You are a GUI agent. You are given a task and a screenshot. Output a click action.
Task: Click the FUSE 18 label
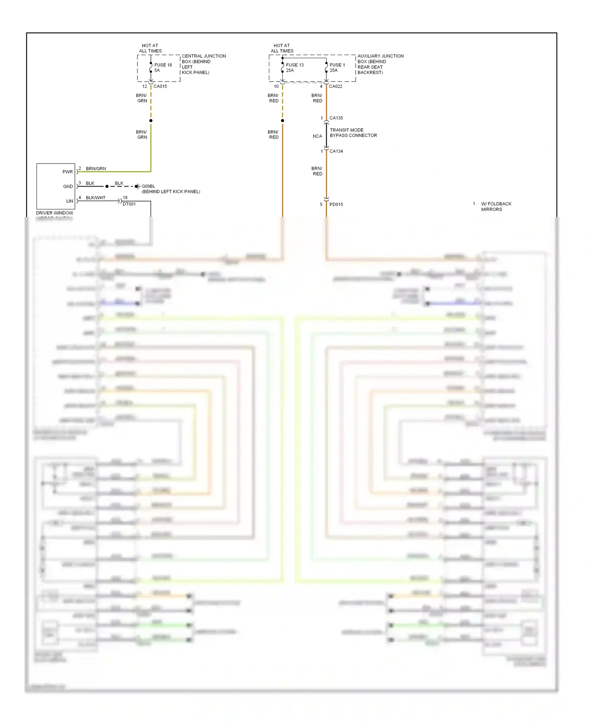pos(163,65)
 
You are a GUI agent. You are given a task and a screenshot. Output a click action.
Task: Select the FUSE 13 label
pos(295,65)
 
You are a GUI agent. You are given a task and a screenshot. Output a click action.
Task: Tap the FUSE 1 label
pos(337,65)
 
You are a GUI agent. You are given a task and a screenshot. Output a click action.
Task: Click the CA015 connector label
pos(160,86)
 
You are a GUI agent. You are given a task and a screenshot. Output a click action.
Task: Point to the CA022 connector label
pos(335,86)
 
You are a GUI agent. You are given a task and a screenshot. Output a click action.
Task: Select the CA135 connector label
pos(336,118)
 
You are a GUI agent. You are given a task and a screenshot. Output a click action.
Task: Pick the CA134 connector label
pos(336,151)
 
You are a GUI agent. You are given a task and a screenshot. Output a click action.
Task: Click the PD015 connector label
pos(336,204)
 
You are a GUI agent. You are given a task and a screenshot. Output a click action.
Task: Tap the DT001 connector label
pos(129,204)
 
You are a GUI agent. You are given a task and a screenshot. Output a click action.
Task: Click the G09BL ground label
pos(148,186)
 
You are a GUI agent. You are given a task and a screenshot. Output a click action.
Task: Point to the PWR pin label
pos(67,172)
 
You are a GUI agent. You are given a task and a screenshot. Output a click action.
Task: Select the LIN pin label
pos(70,201)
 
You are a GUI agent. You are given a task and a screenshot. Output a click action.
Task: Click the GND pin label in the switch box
pos(68,187)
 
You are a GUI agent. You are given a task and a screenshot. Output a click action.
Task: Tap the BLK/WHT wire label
pos(95,198)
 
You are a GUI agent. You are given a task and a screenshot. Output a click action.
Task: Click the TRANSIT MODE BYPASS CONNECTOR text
pos(353,133)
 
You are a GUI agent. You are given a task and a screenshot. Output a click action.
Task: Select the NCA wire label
pos(317,136)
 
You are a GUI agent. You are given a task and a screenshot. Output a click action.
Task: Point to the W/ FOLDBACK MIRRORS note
pos(496,207)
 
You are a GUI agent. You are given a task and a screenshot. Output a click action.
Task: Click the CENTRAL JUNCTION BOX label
pos(204,64)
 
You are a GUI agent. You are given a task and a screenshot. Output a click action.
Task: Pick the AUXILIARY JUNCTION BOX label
pos(380,64)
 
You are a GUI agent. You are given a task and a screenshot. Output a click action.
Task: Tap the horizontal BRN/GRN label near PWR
pos(96,169)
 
